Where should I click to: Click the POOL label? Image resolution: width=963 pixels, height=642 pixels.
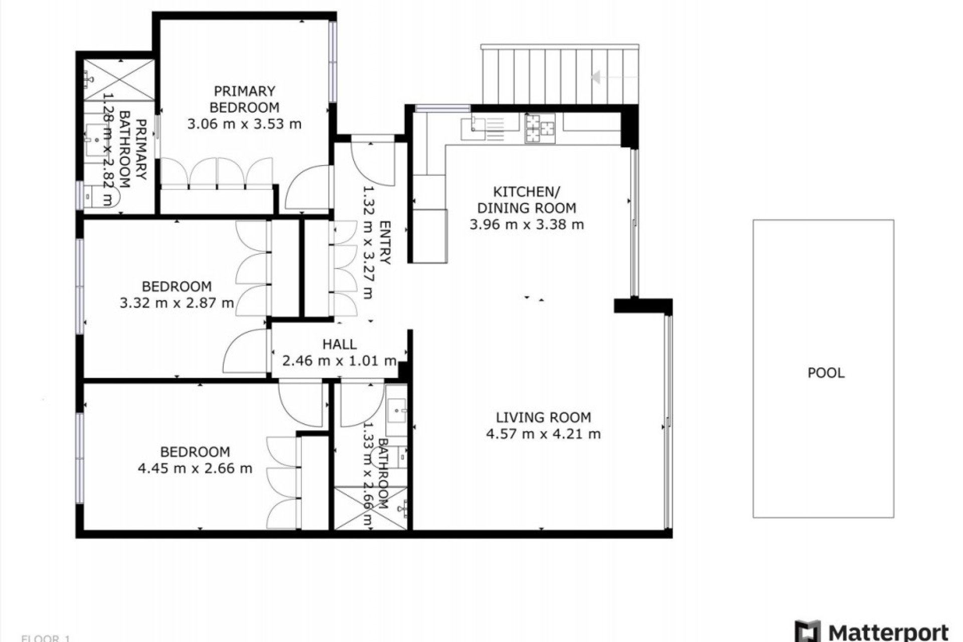(826, 373)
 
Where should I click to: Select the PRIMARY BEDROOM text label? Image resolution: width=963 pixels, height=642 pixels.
(244, 99)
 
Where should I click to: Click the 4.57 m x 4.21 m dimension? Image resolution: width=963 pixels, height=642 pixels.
(543, 434)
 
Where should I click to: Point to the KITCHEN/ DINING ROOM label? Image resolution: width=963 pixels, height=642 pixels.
(527, 200)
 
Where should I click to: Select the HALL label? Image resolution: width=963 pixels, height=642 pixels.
(340, 344)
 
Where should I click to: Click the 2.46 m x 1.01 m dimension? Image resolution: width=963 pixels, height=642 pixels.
(340, 361)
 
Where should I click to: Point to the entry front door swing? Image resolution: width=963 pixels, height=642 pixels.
(371, 163)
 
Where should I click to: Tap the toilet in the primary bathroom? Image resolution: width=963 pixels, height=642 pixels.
(100, 196)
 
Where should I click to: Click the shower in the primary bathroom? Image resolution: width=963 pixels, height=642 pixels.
(119, 80)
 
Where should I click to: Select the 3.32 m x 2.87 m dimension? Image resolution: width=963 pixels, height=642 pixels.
(177, 303)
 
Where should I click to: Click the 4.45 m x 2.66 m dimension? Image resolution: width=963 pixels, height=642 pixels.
(195, 468)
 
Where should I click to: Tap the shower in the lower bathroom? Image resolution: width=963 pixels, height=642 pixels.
(370, 508)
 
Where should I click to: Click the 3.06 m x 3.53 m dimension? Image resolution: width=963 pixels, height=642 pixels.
(244, 124)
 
